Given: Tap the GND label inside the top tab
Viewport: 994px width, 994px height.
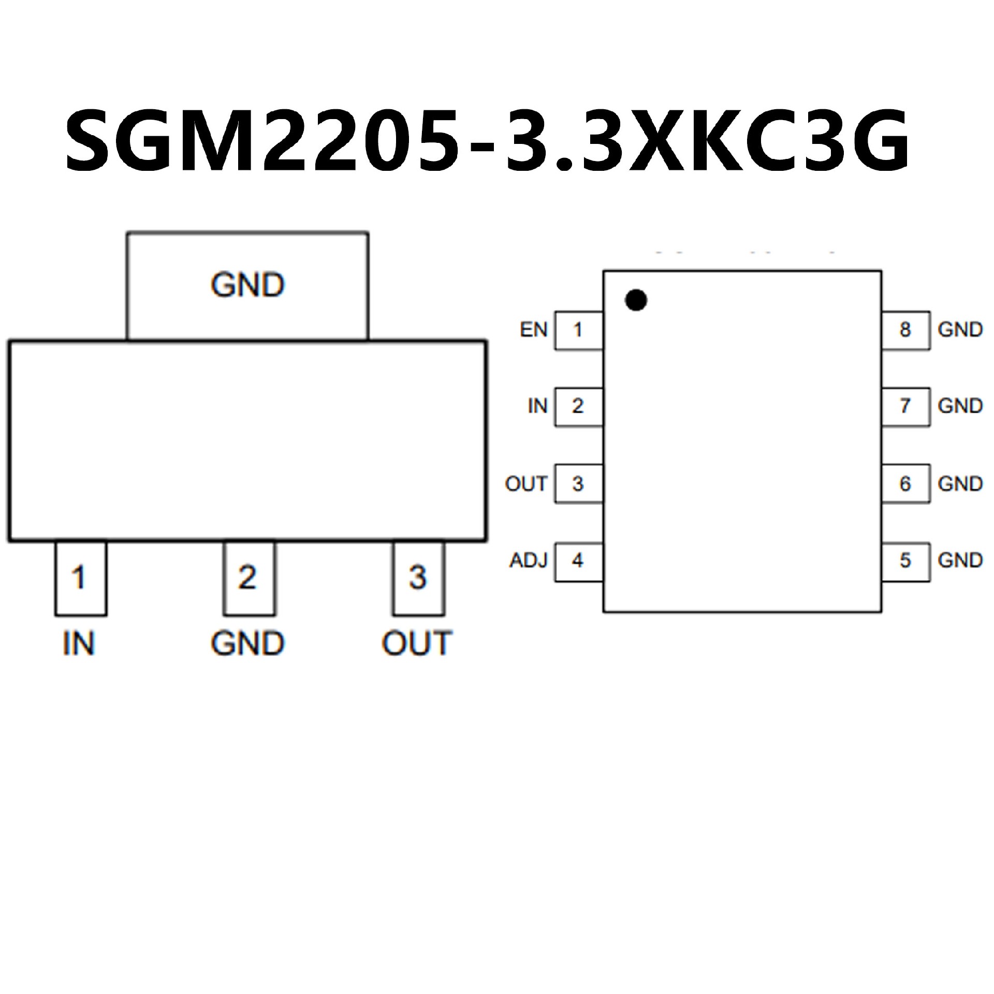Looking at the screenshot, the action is click(x=247, y=285).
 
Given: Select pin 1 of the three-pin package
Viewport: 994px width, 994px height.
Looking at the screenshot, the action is click(x=81, y=578).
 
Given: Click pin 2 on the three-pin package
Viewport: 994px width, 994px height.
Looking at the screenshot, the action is click(x=249, y=578).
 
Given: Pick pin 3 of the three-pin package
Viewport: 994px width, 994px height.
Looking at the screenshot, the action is click(x=418, y=578).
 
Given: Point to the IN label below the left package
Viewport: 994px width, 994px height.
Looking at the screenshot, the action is click(x=79, y=644).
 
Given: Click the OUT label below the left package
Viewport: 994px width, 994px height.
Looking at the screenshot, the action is click(x=417, y=644).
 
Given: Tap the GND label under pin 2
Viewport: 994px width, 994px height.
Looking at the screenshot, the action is click(x=247, y=644).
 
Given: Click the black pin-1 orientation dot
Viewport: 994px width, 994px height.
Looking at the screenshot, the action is click(x=636, y=300).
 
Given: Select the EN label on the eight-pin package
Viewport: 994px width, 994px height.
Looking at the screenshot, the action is click(x=534, y=330).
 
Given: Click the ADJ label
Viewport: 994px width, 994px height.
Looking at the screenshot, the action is click(x=528, y=561).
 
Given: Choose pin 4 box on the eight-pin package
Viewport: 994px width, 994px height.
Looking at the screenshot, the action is click(x=579, y=562).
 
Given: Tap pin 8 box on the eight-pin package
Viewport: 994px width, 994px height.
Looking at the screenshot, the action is click(x=906, y=330).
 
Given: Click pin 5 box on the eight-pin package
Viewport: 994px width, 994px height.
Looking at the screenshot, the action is click(x=906, y=562).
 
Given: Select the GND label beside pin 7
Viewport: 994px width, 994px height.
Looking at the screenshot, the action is click(x=960, y=406).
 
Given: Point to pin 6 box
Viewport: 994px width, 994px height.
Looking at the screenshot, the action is click(x=906, y=484).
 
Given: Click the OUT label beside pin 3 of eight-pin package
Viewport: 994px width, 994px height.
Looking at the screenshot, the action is click(x=526, y=484).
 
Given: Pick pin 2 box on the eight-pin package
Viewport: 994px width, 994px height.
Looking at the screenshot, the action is click(x=579, y=407).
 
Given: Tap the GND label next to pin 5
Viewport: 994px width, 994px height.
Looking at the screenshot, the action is click(x=960, y=560).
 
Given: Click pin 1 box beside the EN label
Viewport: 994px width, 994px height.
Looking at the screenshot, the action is click(x=579, y=330).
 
